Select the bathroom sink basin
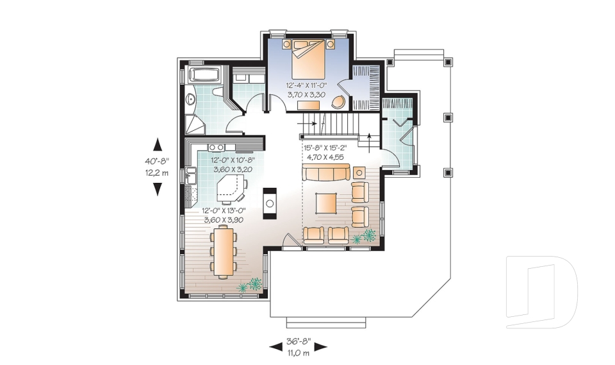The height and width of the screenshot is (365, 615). [190, 99]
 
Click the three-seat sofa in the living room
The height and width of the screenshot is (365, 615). [326, 172]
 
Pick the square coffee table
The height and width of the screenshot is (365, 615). [325, 203]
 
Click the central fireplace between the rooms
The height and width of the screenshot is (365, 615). [271, 203]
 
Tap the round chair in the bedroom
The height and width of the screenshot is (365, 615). [338, 101]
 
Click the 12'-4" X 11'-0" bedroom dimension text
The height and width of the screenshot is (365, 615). [307, 86]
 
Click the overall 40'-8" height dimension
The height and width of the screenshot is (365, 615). [157, 162]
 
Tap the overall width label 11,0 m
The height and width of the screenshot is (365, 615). [297, 353]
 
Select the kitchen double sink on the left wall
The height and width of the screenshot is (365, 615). [190, 174]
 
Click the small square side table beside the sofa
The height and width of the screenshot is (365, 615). [359, 172]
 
